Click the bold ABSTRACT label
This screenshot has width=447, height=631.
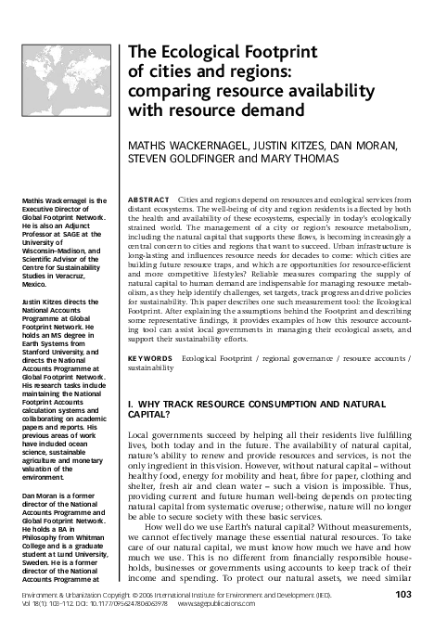coord(150,200)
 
